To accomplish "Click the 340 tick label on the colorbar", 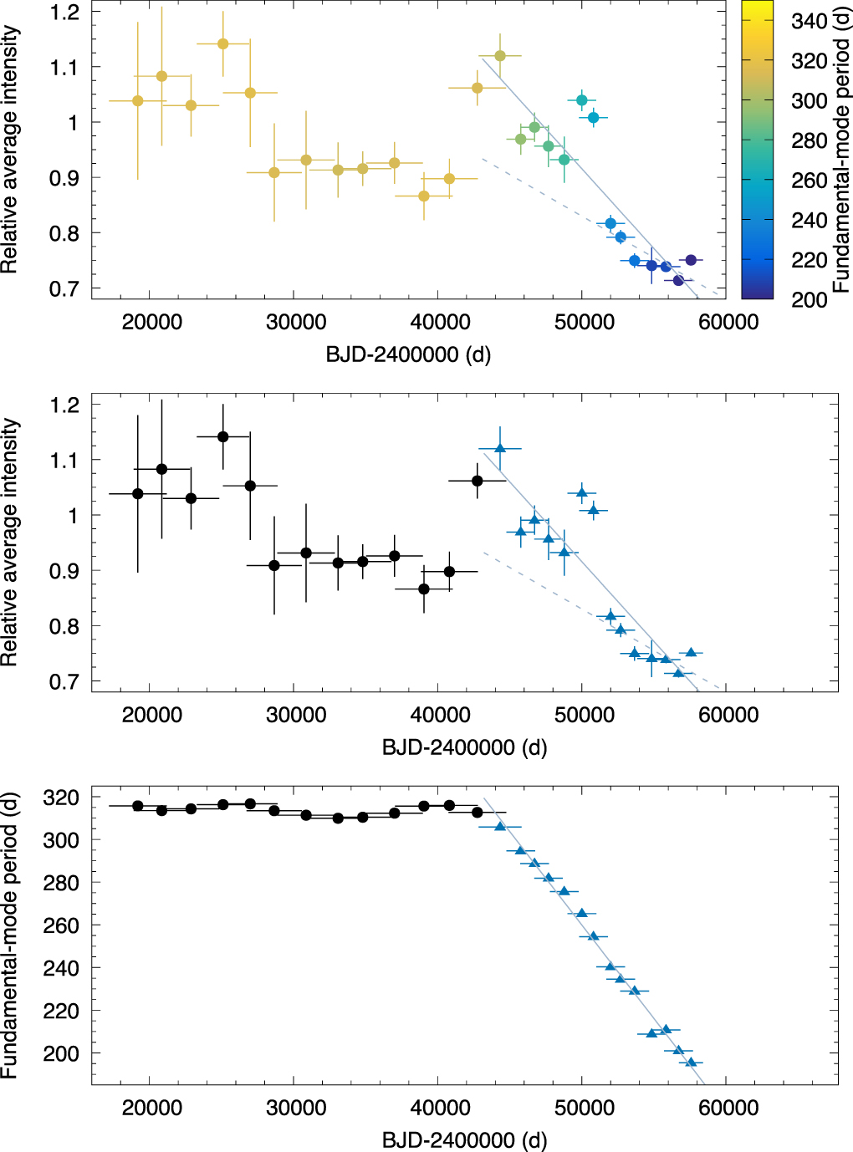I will pyautogui.click(x=809, y=21).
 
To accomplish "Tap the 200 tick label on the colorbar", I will pyautogui.click(x=809, y=299).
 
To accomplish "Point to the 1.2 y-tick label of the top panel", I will pyautogui.click(x=64, y=12).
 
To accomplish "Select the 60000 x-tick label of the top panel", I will pyautogui.click(x=728, y=323).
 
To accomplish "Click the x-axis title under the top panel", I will pyautogui.click(x=408, y=354).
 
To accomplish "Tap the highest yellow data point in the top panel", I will pyautogui.click(x=223, y=44).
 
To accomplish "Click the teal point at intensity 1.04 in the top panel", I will pyautogui.click(x=582, y=100).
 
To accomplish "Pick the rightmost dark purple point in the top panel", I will pyautogui.click(x=691, y=260).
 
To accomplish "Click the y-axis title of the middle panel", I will pyautogui.click(x=10, y=543).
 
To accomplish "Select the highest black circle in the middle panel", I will pyautogui.click(x=223, y=436).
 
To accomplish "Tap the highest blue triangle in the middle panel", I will pyautogui.click(x=500, y=448).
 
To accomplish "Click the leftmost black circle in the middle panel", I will pyautogui.click(x=138, y=494).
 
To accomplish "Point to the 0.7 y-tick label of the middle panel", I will pyautogui.click(x=64, y=681).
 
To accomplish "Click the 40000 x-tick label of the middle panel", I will pyautogui.click(x=440, y=716).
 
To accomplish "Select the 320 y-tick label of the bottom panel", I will pyautogui.click(x=61, y=798).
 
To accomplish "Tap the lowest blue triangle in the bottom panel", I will pyautogui.click(x=691, y=1063).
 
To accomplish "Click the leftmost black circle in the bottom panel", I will pyautogui.click(x=138, y=806).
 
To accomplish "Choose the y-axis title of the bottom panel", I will pyautogui.click(x=10, y=936).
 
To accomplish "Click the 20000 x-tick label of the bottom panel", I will pyautogui.click(x=151, y=1109).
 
